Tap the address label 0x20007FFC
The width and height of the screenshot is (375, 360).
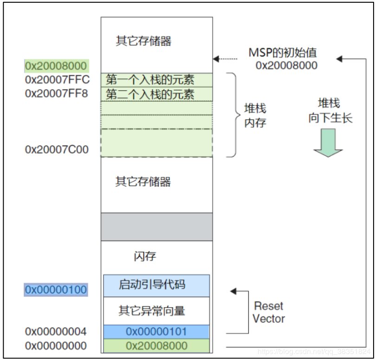point(57,79)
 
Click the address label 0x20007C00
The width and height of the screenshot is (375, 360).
point(57,150)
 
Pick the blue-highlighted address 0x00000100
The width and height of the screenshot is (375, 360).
point(56,290)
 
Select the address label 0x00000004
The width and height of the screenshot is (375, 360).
point(56,332)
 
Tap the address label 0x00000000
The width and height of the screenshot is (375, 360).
point(56,346)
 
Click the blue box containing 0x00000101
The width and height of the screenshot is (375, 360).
point(156,332)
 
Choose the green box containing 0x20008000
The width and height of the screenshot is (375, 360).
point(156,346)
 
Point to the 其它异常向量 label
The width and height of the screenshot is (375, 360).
point(152,310)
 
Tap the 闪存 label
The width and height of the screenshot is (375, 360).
point(145,256)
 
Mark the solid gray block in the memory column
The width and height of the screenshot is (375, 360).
point(156,227)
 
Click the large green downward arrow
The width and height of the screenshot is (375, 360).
point(328,143)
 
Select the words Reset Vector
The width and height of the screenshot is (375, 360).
point(269,312)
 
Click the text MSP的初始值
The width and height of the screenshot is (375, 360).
point(283,52)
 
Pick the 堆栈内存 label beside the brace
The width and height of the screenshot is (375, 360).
point(255,116)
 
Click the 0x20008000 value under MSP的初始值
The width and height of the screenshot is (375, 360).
point(286,65)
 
